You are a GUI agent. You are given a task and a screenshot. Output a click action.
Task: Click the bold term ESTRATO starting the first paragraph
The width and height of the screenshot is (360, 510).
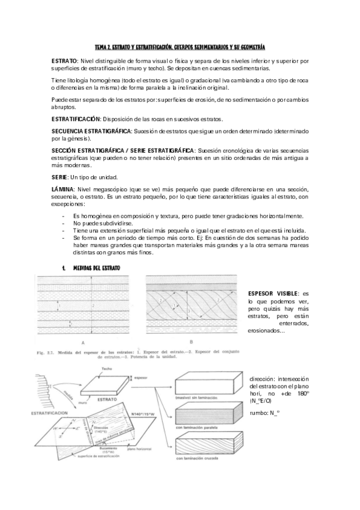pyautogui.click(x=64, y=62)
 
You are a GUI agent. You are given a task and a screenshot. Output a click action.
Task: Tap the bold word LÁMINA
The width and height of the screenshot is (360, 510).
pyautogui.click(x=63, y=189)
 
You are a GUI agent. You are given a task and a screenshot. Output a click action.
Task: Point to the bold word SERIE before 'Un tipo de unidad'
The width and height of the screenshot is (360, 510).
pyautogui.click(x=59, y=178)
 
